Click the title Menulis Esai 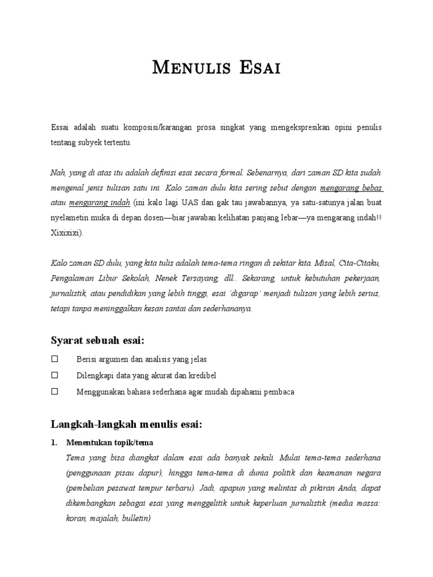(216, 69)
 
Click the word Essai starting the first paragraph (60, 128)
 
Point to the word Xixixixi (67, 232)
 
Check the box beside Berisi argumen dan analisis (55, 359)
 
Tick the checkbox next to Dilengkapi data (55, 375)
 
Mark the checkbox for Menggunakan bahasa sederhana (55, 391)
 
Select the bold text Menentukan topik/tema (109, 442)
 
